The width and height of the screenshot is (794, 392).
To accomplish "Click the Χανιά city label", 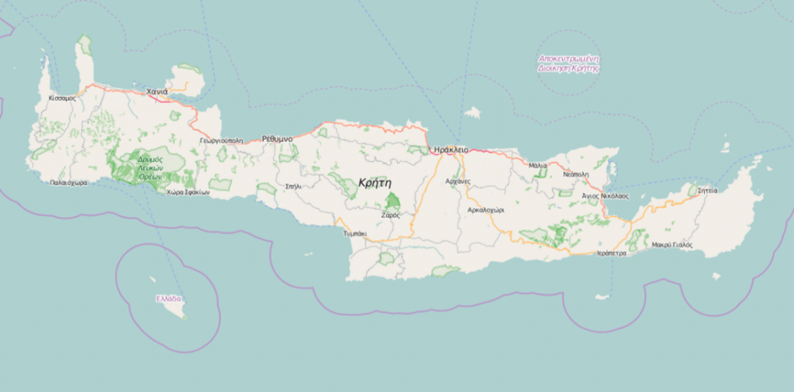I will point(157,91).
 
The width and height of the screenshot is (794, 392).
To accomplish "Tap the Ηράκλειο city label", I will point(451,149).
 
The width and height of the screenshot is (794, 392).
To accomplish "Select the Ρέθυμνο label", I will point(277,139).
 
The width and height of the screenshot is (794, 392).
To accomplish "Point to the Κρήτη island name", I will point(375,182).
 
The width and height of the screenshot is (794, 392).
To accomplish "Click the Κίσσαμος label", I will point(62,98).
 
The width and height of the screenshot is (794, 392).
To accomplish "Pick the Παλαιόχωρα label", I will point(68,183).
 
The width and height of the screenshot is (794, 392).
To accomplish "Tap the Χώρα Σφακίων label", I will point(188,193).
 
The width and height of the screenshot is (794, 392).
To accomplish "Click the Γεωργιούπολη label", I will point(221,141).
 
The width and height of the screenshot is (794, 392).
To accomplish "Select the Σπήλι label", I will point(293,186).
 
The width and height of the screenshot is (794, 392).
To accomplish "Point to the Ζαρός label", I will point(390,215).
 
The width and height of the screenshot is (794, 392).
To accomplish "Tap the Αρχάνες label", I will point(458,181).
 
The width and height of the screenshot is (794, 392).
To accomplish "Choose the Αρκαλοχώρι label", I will point(486,209).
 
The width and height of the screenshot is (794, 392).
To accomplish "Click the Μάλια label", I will point(537,166).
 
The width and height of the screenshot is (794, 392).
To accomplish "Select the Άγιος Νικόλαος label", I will point(605,196).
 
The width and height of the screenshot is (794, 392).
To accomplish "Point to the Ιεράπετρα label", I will point(611,253).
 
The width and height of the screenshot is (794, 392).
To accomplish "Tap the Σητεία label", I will point(707,190).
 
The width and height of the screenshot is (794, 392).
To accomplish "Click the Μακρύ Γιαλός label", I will point(671,245).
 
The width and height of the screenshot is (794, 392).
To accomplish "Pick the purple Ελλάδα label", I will point(168,298).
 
